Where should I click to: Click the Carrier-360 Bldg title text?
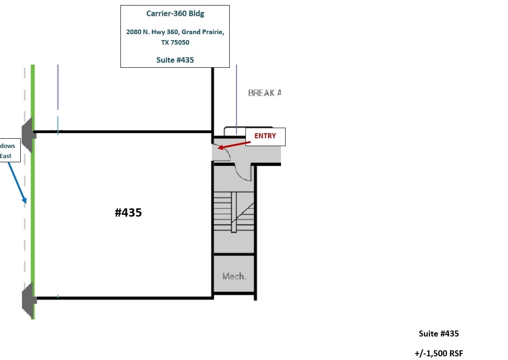(x=175, y=13)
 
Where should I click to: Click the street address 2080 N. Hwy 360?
(x=175, y=32)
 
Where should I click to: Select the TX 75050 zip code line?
(x=175, y=42)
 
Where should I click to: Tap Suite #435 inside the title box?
(x=175, y=60)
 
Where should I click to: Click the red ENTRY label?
(x=265, y=136)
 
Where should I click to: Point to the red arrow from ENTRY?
(x=234, y=144)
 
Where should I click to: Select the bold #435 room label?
(x=128, y=212)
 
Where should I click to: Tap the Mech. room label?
(x=234, y=277)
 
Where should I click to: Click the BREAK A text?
(x=264, y=93)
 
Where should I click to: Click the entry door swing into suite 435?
(x=221, y=153)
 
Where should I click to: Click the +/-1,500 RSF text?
(x=438, y=354)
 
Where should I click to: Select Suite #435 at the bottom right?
(x=438, y=334)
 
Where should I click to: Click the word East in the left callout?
(x=6, y=156)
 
